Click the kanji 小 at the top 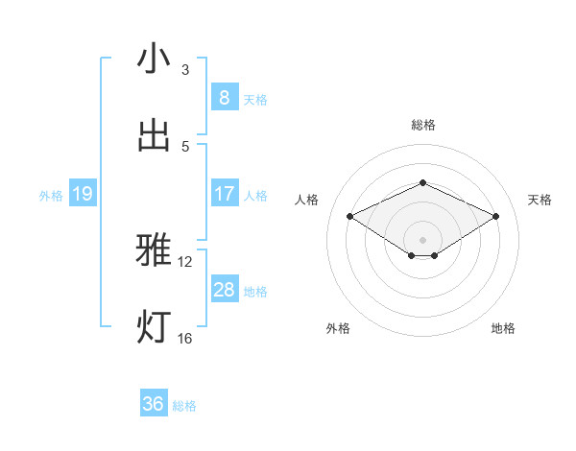pyautogui.click(x=154, y=59)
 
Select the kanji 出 pyautogui.click(x=154, y=135)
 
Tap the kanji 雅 pyautogui.click(x=154, y=250)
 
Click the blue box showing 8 pyautogui.click(x=224, y=97)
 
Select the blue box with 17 pyautogui.click(x=224, y=193)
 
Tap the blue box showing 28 pyautogui.click(x=224, y=289)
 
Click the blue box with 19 pyautogui.click(x=82, y=194)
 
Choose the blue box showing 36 pyautogui.click(x=154, y=404)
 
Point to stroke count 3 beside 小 pyautogui.click(x=185, y=70)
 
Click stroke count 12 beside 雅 pyautogui.click(x=185, y=261)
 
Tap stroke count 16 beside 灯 pyautogui.click(x=185, y=338)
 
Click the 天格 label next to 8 pyautogui.click(x=255, y=99)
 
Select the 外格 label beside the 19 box pyautogui.click(x=51, y=195)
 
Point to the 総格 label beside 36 pyautogui.click(x=184, y=406)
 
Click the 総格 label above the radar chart pyautogui.click(x=422, y=125)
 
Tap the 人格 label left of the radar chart pyautogui.click(x=307, y=200)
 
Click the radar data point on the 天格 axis pyautogui.click(x=495, y=217)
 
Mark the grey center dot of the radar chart pyautogui.click(x=422, y=238)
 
